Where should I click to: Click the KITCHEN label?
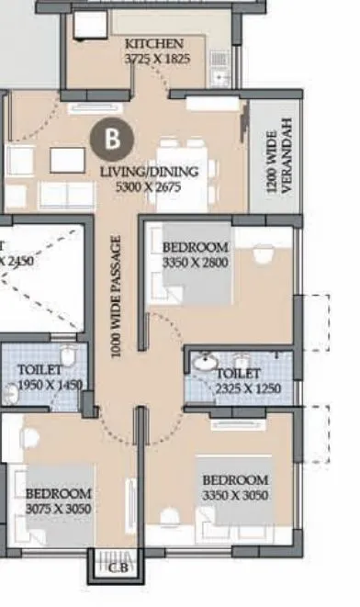pos(154,43)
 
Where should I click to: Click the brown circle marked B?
pos(113,139)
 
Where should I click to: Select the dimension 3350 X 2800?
pos(195,262)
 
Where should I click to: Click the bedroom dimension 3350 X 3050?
pos(235,494)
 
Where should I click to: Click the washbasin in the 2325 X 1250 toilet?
pos(205,364)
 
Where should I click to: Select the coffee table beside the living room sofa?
pos(66,161)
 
